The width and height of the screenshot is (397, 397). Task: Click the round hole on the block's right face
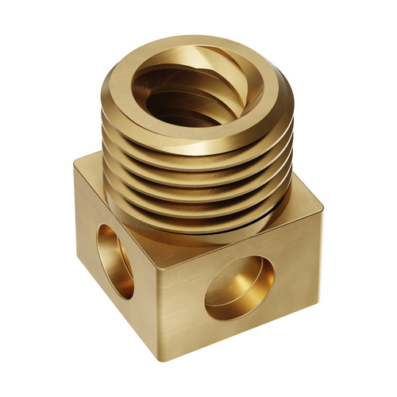239,287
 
